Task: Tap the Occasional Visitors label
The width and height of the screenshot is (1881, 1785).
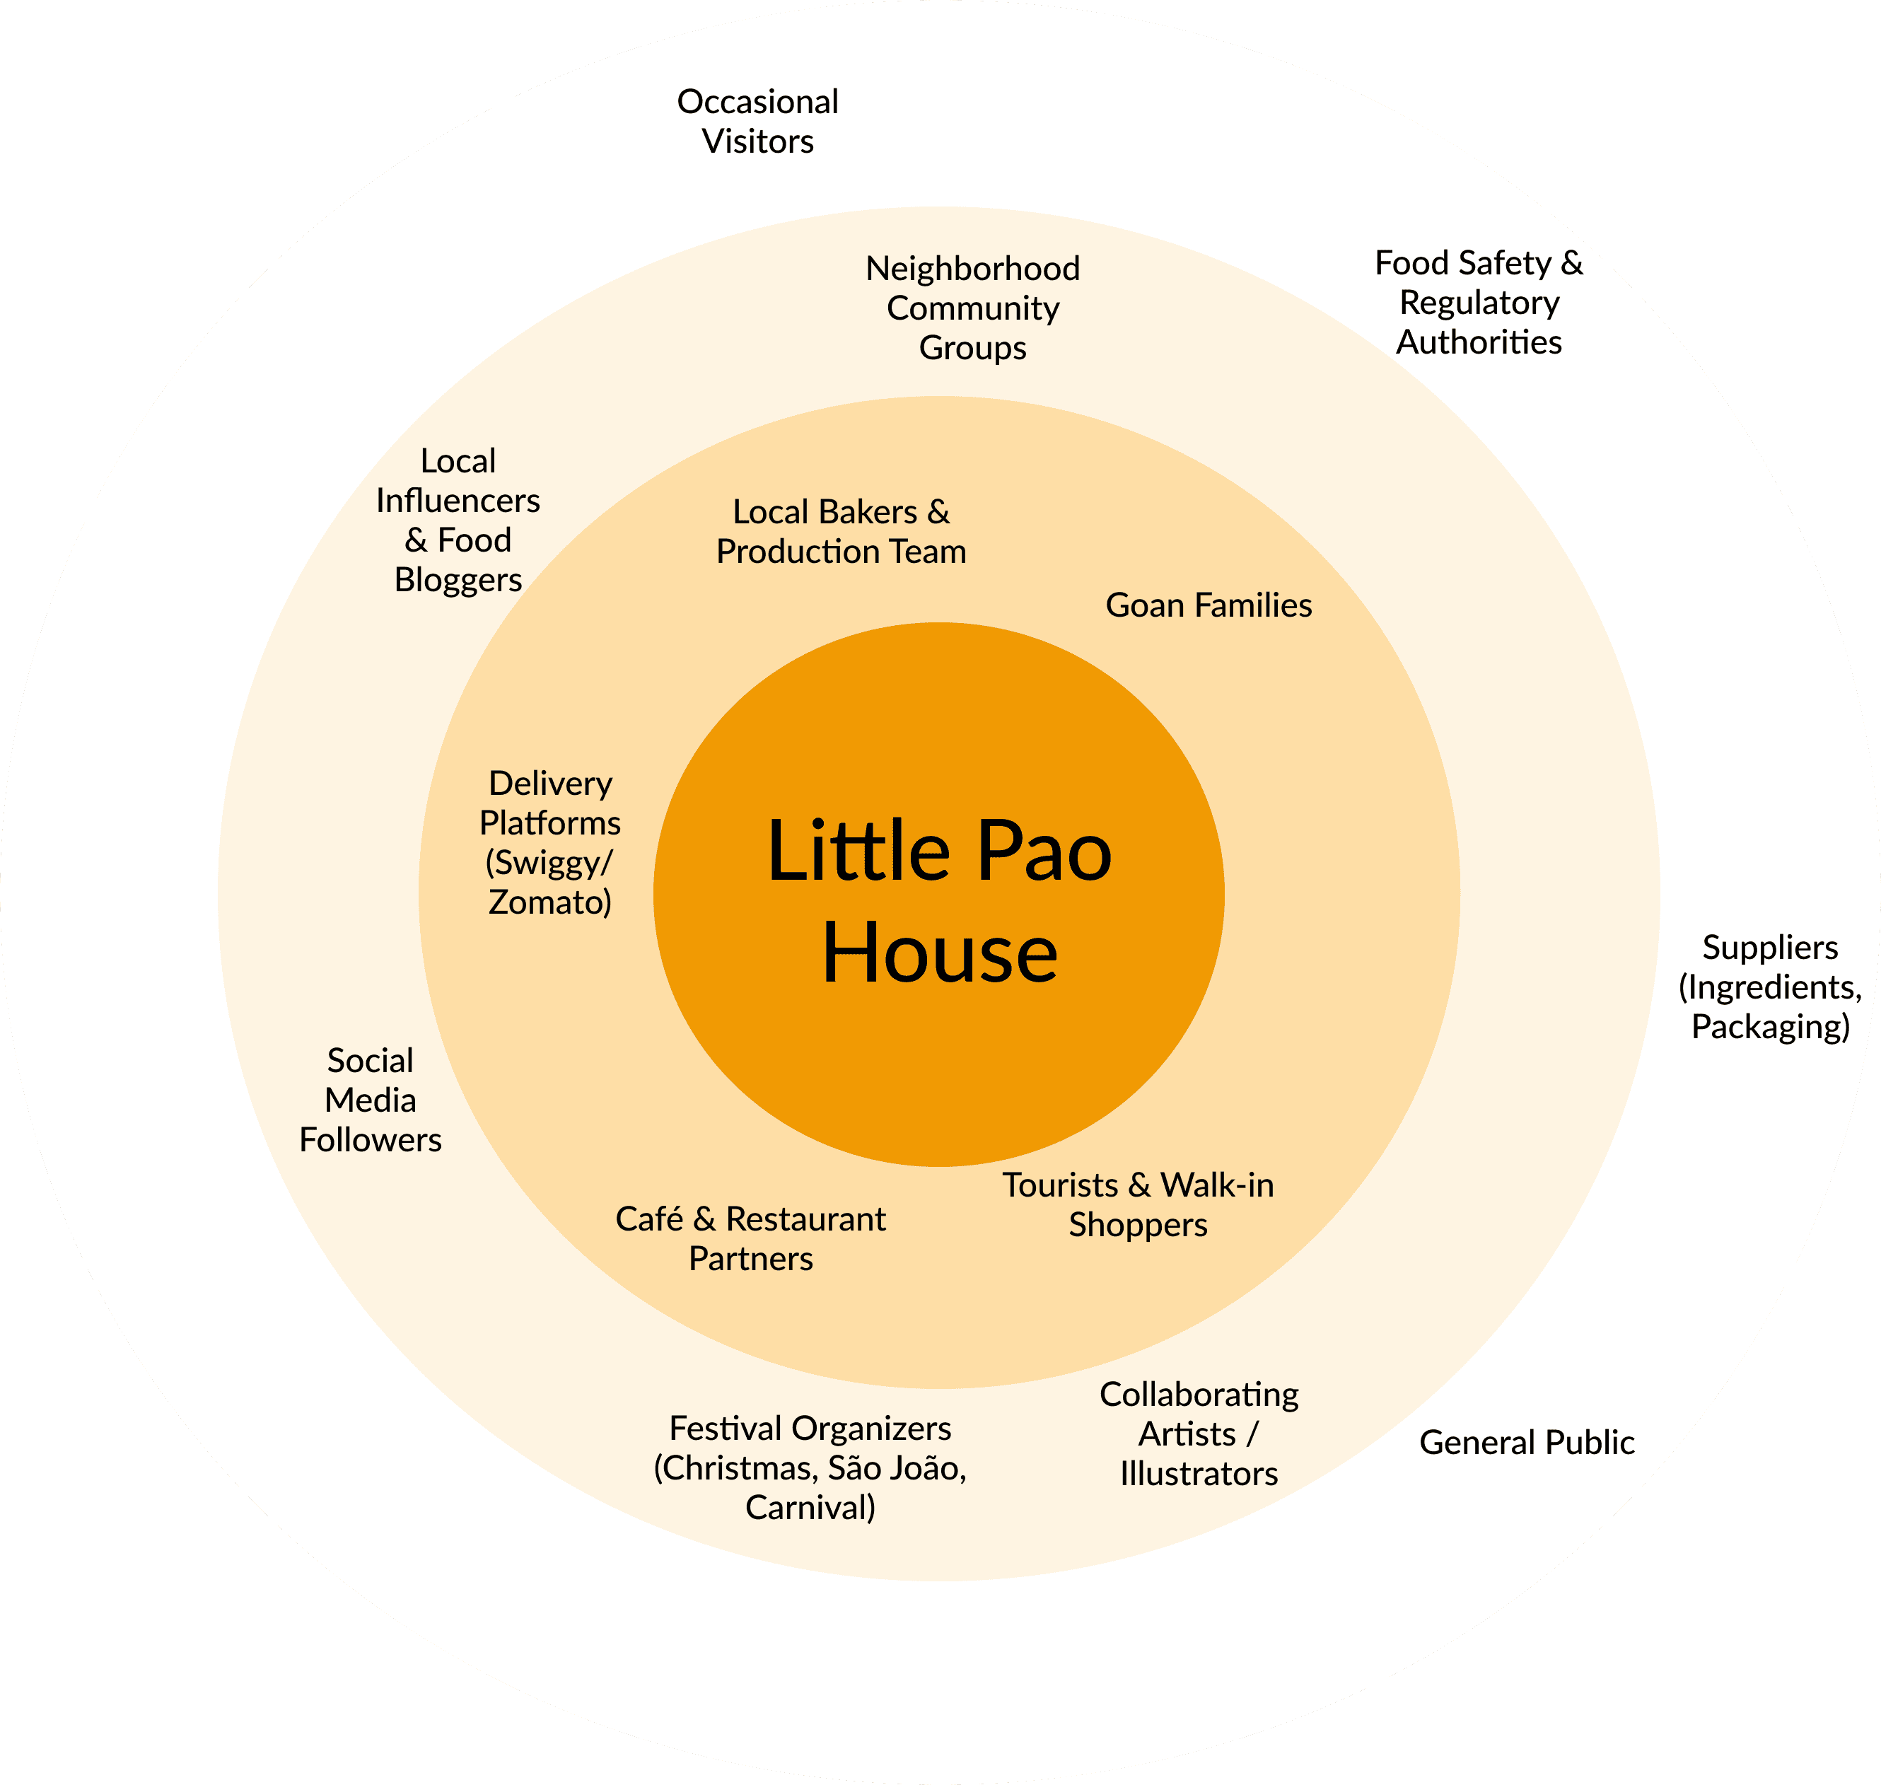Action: [x=757, y=121]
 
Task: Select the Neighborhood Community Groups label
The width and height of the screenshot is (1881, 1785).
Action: [x=972, y=308]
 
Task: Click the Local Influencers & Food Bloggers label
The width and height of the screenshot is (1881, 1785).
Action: [x=458, y=520]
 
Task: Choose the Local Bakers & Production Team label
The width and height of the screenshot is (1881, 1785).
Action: [x=841, y=531]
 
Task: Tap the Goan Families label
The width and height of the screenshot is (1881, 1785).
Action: [x=1209, y=605]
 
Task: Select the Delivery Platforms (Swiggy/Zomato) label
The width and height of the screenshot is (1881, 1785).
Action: [x=550, y=842]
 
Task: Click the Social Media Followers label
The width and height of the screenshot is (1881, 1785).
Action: [x=370, y=1100]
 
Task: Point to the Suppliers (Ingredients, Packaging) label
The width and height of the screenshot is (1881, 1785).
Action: [x=1770, y=987]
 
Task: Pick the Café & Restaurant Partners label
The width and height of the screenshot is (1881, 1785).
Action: [x=751, y=1238]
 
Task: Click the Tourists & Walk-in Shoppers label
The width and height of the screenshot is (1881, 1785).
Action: [x=1138, y=1204]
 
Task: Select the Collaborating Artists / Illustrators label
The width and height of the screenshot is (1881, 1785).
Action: [x=1199, y=1434]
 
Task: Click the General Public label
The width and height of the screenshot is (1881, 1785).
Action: [x=1526, y=1443]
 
